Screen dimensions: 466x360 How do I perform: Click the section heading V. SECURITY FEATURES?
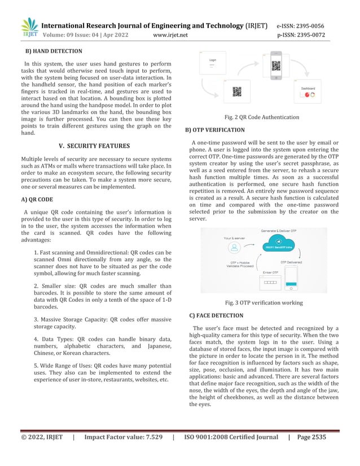tap(94, 146)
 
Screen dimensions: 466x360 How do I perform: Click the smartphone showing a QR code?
tap(276, 67)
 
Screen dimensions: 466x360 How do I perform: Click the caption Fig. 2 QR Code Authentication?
tap(262, 117)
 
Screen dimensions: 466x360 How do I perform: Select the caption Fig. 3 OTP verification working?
tap(264, 303)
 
